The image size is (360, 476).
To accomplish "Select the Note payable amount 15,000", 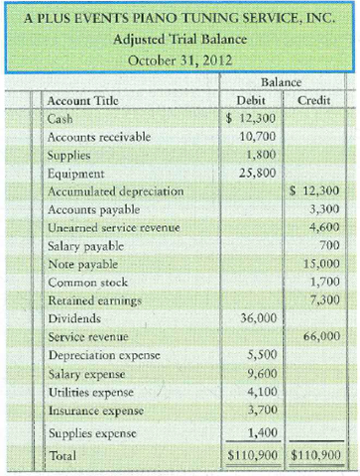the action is click(316, 263).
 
